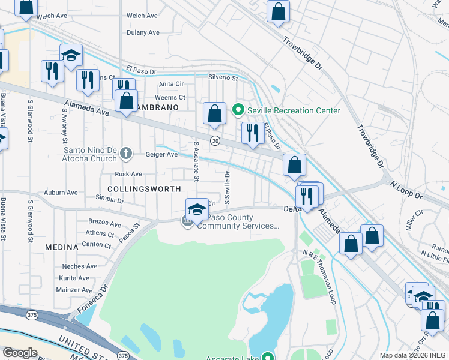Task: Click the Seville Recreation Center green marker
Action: click(238, 110)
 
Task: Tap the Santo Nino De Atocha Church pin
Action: click(125, 154)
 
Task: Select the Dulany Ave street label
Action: click(143, 32)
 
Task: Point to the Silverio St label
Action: click(223, 78)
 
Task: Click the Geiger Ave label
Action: click(161, 154)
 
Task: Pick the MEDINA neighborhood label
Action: click(62, 247)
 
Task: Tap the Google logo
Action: click(20, 353)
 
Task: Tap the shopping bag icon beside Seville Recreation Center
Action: click(214, 113)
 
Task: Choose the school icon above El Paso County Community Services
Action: click(197, 210)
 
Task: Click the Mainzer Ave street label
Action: click(74, 290)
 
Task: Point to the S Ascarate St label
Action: click(196, 161)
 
